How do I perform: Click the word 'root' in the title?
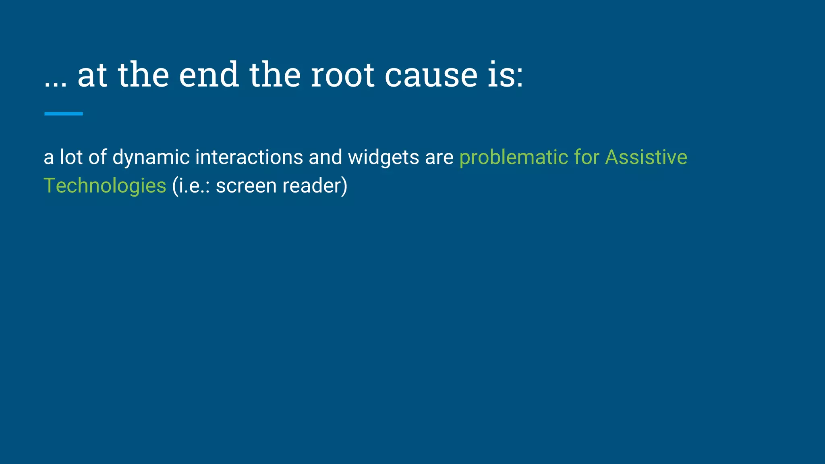(x=342, y=75)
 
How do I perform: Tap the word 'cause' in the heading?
(x=431, y=75)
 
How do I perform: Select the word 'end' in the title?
(x=209, y=75)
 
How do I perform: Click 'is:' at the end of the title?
(x=505, y=75)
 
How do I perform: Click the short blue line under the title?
(x=63, y=114)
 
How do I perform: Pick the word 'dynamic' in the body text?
(x=151, y=157)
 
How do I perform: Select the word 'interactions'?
(x=249, y=157)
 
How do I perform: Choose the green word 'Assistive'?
(x=646, y=157)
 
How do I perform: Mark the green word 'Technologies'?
(x=105, y=186)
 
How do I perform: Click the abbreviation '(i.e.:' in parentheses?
(x=191, y=186)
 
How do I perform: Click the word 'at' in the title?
(x=92, y=75)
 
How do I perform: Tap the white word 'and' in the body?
(x=325, y=157)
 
